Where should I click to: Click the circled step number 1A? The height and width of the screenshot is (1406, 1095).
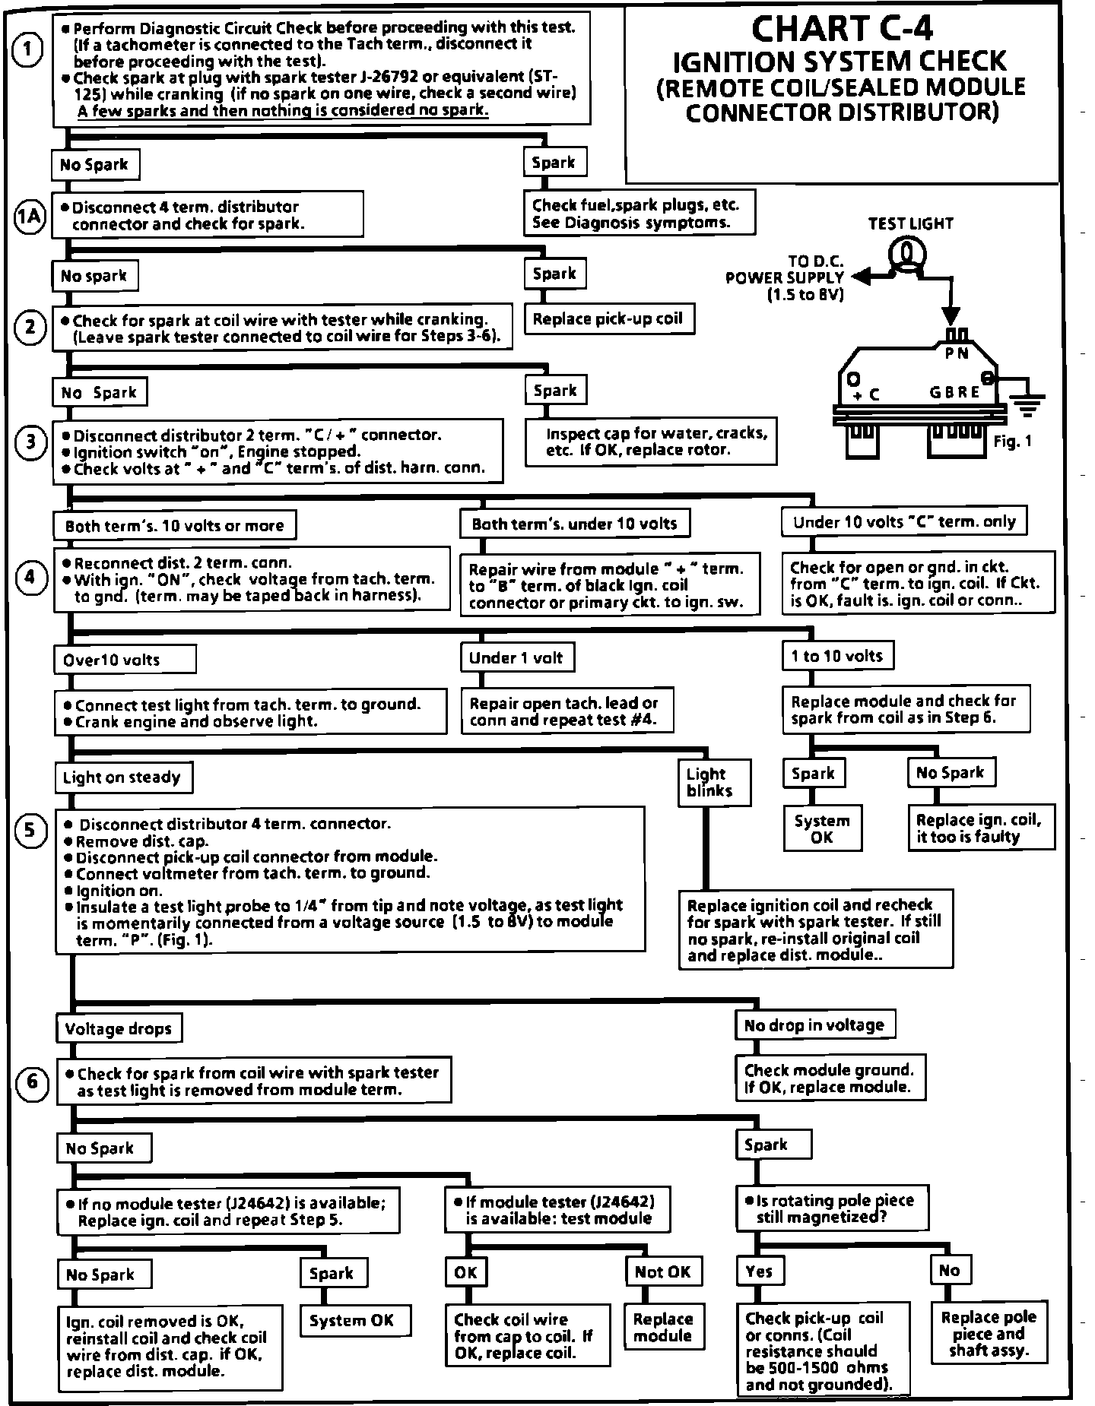tap(30, 217)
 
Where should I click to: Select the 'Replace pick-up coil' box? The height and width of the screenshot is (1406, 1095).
tap(608, 319)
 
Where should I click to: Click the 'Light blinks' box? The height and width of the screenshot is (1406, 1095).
tap(715, 782)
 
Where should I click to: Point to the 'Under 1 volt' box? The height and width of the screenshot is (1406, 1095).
tap(516, 657)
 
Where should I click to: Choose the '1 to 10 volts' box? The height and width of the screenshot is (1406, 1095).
tap(837, 656)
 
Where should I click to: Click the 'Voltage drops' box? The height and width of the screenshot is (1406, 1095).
tap(119, 1029)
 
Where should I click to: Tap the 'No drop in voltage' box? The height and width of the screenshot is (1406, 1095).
tap(814, 1025)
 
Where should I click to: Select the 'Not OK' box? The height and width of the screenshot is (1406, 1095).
tap(662, 1271)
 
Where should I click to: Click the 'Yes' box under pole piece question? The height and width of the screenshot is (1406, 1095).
tap(759, 1271)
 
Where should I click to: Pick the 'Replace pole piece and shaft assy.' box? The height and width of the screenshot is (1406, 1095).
tap(989, 1333)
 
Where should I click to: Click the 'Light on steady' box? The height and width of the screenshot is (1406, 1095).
tap(122, 777)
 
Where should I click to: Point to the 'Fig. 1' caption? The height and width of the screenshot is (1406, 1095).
tap(1013, 441)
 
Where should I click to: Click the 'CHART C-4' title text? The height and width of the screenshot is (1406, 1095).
tap(842, 28)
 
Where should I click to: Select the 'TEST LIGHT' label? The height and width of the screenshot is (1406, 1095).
tap(910, 223)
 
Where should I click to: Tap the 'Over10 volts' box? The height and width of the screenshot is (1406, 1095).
tap(125, 660)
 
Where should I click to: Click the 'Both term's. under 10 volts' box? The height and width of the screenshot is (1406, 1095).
tap(575, 524)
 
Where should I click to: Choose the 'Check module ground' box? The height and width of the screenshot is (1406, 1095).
tap(830, 1078)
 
